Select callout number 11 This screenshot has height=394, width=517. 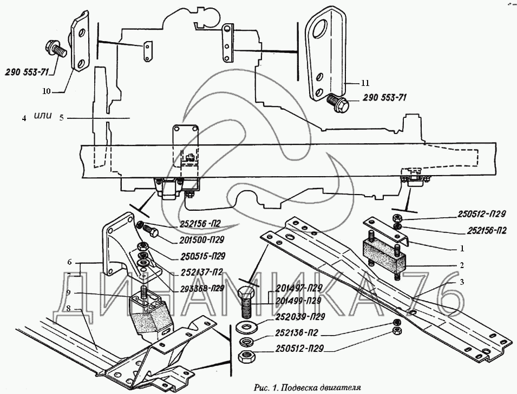[365, 83]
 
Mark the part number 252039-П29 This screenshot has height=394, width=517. [298, 316]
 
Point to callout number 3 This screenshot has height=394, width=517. [461, 282]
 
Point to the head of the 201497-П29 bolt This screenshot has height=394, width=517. [247, 295]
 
